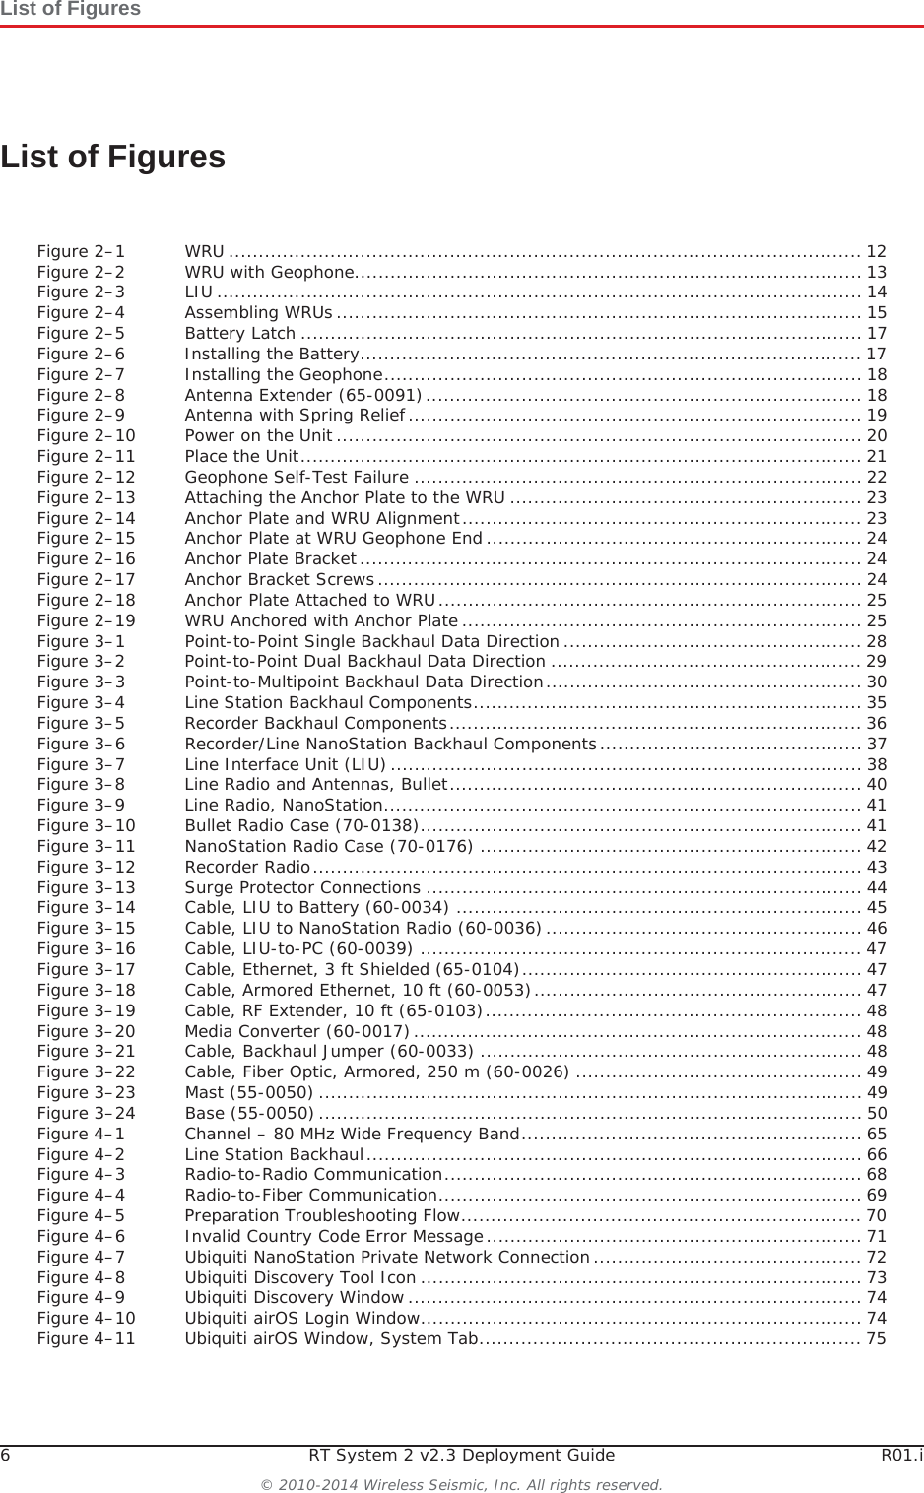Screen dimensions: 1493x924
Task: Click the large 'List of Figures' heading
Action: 113,157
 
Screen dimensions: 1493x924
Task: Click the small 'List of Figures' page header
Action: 71,9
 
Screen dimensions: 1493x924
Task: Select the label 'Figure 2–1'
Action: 81,251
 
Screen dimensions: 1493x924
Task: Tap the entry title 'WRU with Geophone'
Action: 269,272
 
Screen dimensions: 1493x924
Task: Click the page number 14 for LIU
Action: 876,292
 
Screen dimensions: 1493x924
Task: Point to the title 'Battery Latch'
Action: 240,333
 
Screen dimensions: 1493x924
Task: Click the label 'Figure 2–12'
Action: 86,477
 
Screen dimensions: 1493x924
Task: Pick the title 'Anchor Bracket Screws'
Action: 279,579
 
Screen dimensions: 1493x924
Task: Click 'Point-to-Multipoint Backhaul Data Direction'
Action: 363,682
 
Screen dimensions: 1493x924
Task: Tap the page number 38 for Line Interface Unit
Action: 876,764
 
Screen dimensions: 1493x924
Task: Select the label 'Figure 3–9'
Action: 81,805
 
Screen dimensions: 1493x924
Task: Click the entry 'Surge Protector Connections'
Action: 302,887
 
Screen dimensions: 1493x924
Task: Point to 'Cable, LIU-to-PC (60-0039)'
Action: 298,948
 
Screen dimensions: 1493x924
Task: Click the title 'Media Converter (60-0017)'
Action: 297,1031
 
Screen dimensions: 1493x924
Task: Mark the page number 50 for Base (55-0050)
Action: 876,1113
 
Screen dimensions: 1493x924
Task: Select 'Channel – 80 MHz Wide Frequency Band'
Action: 352,1134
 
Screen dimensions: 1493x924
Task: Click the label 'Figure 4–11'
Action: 86,1338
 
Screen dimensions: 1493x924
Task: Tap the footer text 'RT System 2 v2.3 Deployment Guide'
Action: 461,1455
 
